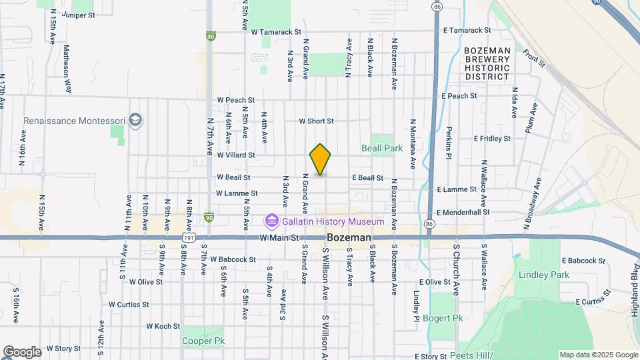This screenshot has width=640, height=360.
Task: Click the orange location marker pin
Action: (320, 159)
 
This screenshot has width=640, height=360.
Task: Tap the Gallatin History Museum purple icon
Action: (271, 221)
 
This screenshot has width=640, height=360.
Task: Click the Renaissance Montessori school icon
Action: (136, 121)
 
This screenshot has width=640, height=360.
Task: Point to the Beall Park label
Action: (381, 148)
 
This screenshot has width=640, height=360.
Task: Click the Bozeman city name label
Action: (349, 237)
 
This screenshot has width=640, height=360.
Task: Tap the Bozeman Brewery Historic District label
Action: (487, 63)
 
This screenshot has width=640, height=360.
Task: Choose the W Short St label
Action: (316, 121)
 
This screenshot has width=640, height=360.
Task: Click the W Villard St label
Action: (236, 155)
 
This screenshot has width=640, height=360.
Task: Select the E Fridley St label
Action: (492, 139)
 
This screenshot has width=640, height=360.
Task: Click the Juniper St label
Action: (78, 14)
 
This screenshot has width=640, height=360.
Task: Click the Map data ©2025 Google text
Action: (598, 355)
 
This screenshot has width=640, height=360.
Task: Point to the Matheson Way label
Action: (67, 69)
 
